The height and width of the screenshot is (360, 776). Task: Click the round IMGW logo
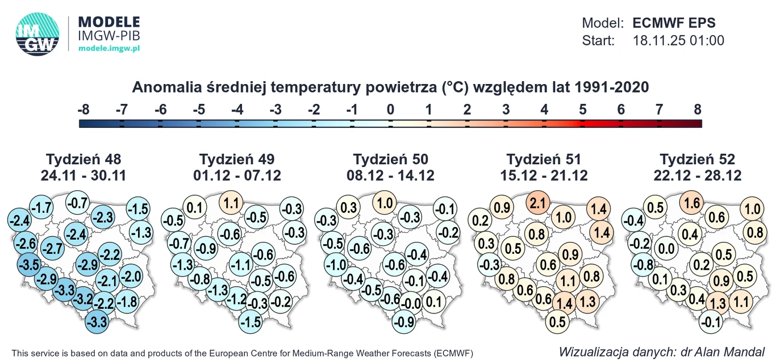coord(37,34)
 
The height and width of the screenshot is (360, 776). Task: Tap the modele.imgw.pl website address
coord(109,49)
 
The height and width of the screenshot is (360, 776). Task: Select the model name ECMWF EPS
coord(674,23)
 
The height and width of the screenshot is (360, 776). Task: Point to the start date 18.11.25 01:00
coord(678,40)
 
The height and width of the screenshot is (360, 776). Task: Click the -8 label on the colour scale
coord(84,110)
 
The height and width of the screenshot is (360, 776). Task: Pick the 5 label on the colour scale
coord(582,110)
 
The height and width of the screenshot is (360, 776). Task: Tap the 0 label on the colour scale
coord(390,110)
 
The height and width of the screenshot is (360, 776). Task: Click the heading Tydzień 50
coord(390,159)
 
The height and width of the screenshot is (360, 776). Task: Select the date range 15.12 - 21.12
coord(544,175)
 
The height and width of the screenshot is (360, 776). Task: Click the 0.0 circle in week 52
coord(666,248)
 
